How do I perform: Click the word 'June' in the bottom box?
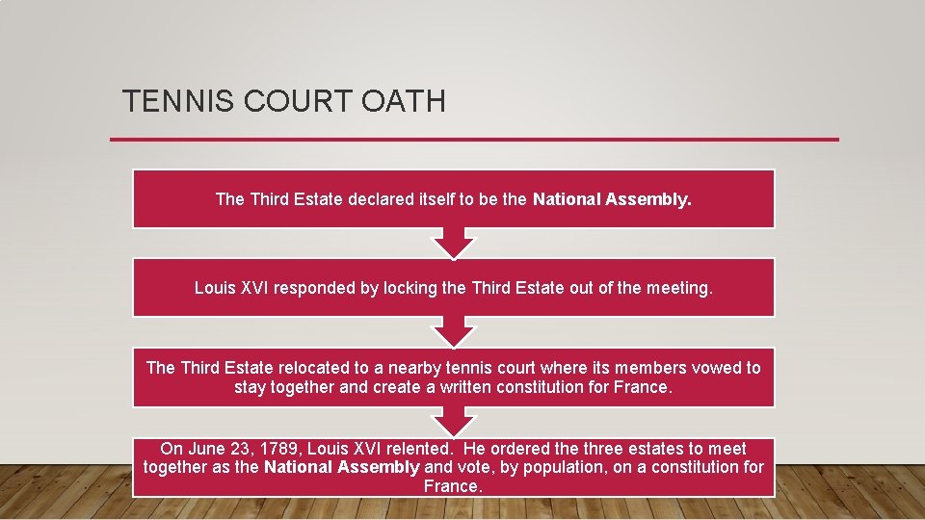[x=206, y=448]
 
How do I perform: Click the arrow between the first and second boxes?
[x=453, y=244]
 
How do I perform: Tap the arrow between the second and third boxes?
[x=453, y=332]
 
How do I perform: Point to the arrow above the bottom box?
[x=453, y=422]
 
